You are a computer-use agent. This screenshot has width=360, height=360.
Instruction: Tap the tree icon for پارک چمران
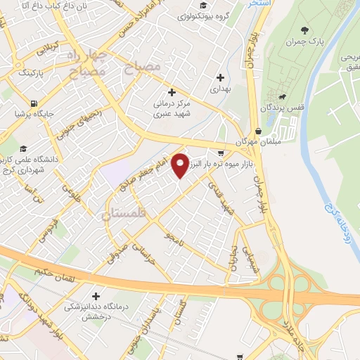click(304, 30)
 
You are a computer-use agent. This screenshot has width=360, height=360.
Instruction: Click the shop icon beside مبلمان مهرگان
click(259, 131)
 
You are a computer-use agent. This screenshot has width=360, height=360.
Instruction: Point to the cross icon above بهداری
click(221, 77)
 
